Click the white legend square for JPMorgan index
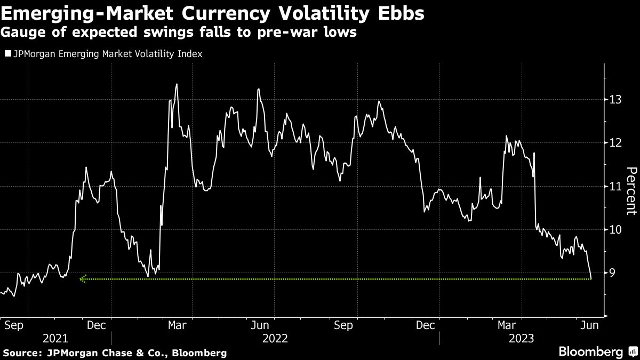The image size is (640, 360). click(7, 54)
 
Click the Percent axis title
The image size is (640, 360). click(630, 191)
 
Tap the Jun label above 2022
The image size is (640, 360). click(260, 325)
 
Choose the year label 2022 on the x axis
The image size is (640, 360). click(275, 338)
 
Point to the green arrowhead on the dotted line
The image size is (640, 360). click(82, 279)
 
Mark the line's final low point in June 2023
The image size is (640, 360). click(591, 278)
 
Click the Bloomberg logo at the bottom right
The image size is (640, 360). click(590, 351)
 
